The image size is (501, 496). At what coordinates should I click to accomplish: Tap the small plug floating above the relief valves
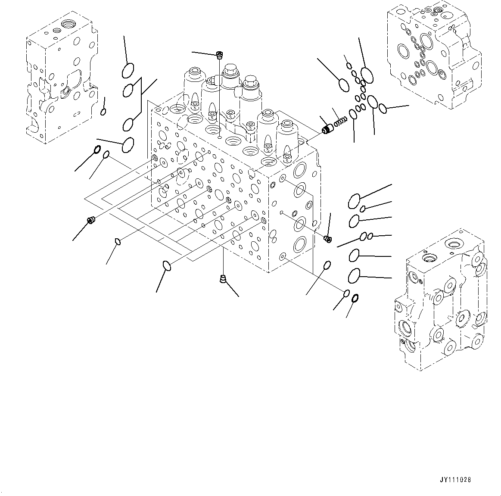click(220, 55)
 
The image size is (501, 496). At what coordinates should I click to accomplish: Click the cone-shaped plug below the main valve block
click(223, 279)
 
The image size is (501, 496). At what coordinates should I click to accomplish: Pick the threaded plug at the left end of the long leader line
click(91, 220)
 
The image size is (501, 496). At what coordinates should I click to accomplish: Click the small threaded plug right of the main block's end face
click(327, 238)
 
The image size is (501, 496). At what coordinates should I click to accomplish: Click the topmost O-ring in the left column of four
click(128, 70)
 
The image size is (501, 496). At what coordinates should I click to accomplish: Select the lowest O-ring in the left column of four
click(128, 145)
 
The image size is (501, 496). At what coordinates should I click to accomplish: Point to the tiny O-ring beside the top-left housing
click(103, 112)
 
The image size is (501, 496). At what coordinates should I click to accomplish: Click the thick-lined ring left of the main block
click(97, 150)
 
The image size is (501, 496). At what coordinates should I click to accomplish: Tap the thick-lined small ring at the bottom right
click(356, 298)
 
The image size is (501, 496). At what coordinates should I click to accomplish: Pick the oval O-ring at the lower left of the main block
click(168, 266)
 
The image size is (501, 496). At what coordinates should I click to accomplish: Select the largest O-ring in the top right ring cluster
click(367, 75)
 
